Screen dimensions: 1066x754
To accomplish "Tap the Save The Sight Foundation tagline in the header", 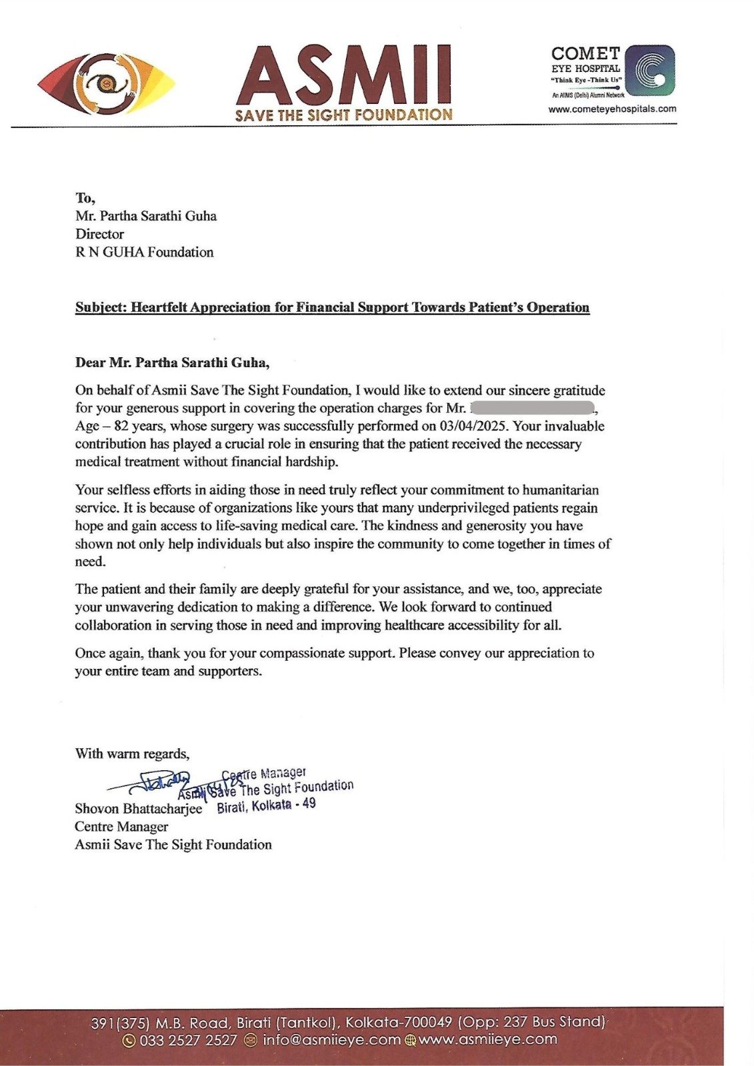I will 343,115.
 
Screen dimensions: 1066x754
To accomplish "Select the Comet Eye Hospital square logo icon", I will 650,70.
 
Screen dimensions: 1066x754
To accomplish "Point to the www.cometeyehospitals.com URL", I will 612,109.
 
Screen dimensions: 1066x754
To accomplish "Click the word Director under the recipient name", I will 99,234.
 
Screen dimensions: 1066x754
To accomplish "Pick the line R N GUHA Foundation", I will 144,252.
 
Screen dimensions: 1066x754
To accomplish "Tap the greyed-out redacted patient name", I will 533,408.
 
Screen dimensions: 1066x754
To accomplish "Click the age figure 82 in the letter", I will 121,426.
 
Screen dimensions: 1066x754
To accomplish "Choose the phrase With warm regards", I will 132,754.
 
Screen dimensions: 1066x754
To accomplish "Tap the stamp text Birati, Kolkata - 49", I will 267,805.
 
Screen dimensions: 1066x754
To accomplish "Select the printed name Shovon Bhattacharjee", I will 138,809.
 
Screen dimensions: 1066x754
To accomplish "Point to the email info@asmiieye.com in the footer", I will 331,1040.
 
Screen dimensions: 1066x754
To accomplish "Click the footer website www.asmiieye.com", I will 487,1039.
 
